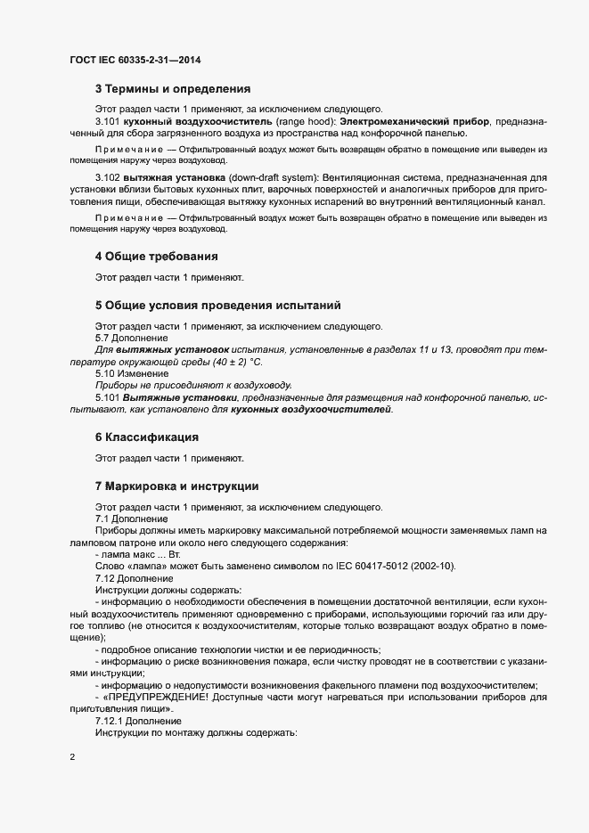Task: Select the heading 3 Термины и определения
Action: tap(172, 89)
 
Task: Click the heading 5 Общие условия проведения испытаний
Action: tap(217, 306)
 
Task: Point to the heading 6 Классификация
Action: tap(146, 437)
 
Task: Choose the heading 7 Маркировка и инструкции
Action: tap(176, 486)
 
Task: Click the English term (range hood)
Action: tap(255, 119)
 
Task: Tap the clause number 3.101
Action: tap(109, 119)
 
